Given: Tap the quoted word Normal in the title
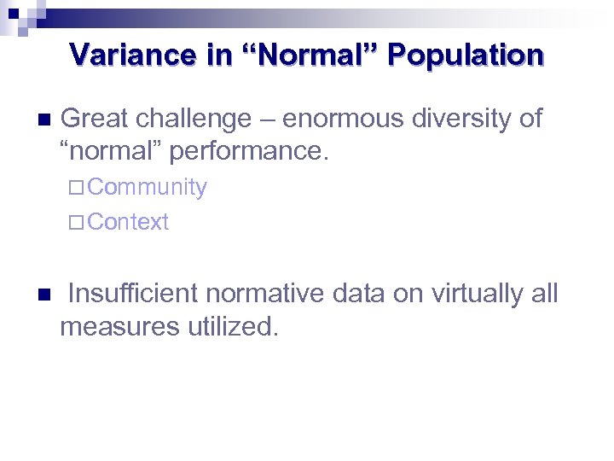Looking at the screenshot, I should pos(316,55).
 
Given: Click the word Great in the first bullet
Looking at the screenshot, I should pos(96,119).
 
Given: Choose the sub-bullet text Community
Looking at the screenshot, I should pos(147,187).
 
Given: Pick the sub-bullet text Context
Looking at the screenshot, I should pos(128,222).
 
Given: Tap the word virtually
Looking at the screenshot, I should pos(478,294).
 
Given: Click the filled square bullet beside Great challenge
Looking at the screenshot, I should pos(44,119).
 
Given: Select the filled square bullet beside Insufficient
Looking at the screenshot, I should pos(44,295).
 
